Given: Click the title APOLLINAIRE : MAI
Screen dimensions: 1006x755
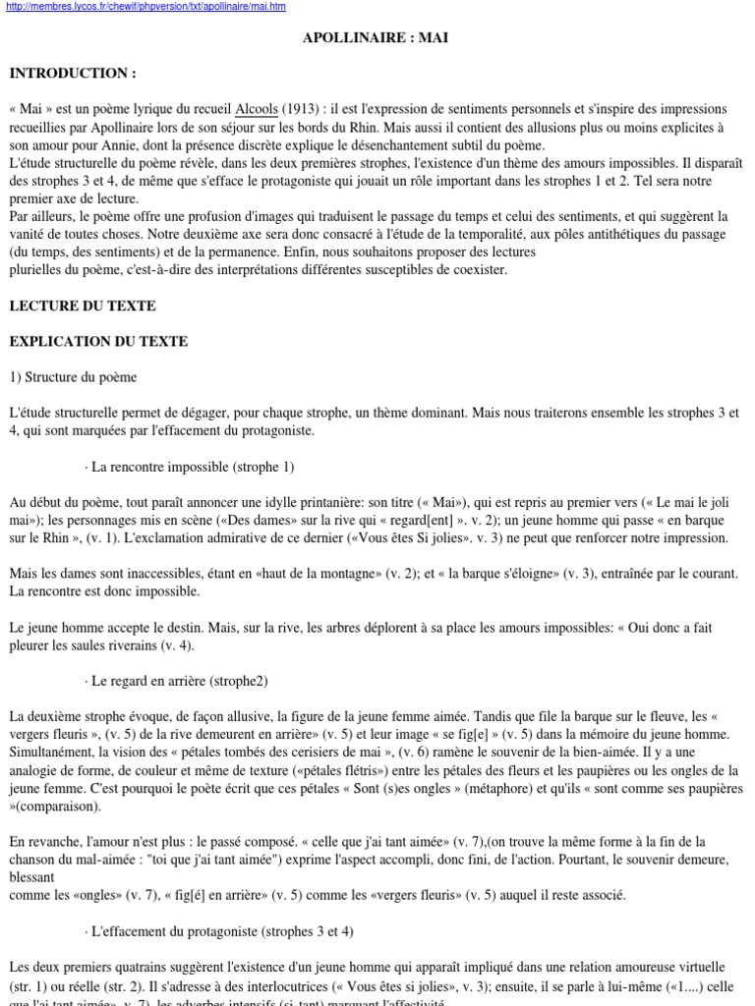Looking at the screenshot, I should (377, 38).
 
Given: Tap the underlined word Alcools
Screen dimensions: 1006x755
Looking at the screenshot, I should (257, 109).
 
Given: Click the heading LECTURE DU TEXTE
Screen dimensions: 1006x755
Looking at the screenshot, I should (83, 306).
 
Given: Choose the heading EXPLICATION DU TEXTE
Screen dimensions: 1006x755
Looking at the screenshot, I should (98, 341).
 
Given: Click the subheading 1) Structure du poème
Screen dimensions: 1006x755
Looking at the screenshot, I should (74, 376).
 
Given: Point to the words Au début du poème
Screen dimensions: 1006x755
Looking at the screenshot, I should (63, 502).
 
